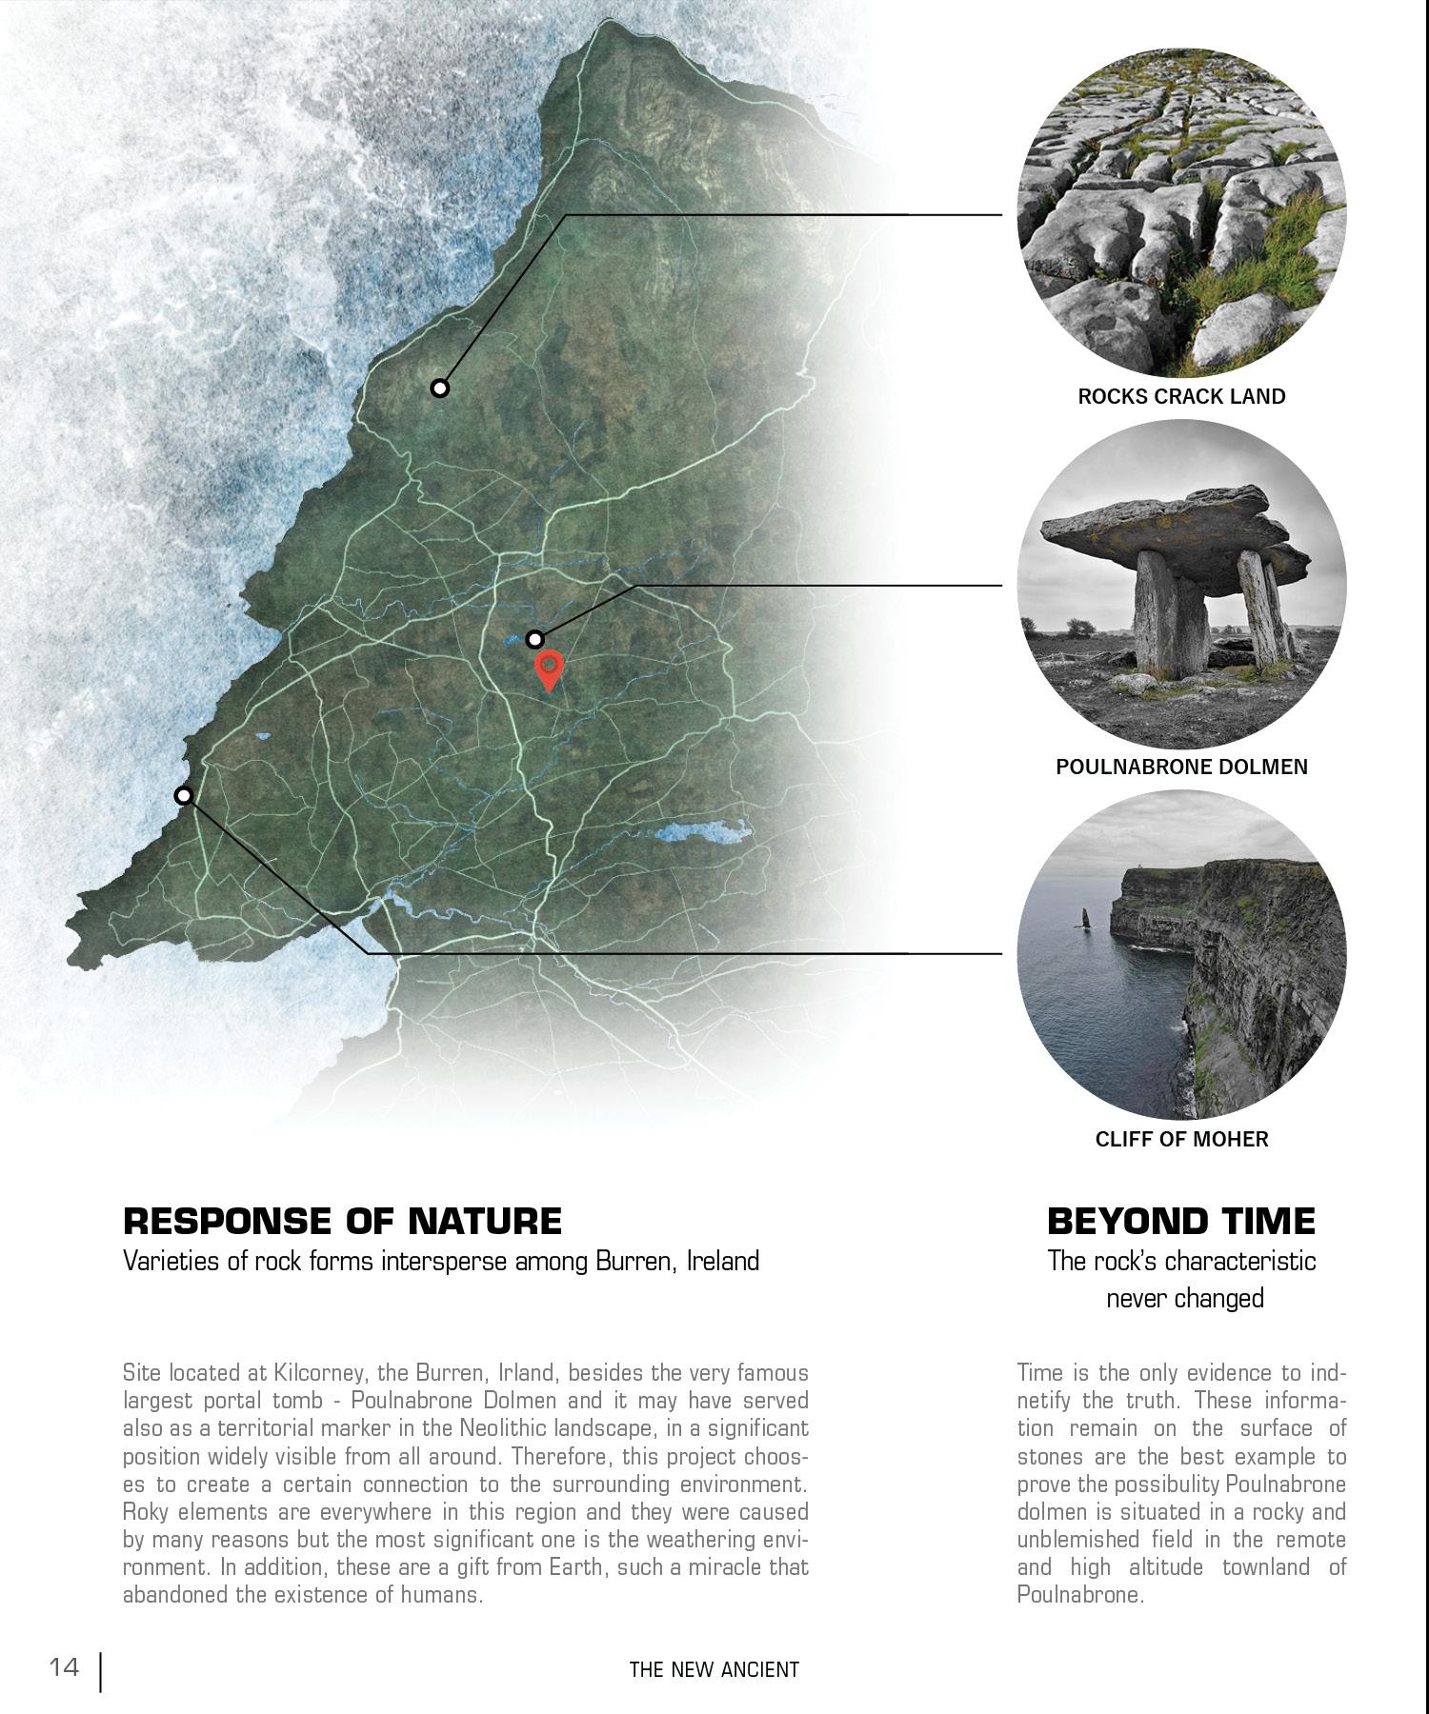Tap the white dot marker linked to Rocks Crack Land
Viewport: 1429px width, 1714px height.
point(439,388)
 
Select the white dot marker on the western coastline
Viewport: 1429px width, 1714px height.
point(184,795)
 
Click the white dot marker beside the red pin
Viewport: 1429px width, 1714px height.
point(535,639)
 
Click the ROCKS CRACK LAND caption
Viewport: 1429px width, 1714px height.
point(1181,396)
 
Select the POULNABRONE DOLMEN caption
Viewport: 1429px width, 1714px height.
point(1181,767)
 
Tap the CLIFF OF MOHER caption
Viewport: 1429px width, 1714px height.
point(1181,1139)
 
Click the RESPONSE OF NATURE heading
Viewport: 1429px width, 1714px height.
point(343,1221)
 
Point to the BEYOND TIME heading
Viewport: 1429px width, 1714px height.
point(1181,1221)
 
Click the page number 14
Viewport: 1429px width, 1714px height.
point(65,1667)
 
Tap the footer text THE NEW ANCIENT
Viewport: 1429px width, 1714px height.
point(714,1669)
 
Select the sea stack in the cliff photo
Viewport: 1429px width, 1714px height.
point(1085,917)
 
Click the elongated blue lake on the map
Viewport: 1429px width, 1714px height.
point(699,834)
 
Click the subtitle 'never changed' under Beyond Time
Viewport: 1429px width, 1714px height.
point(1184,1298)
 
